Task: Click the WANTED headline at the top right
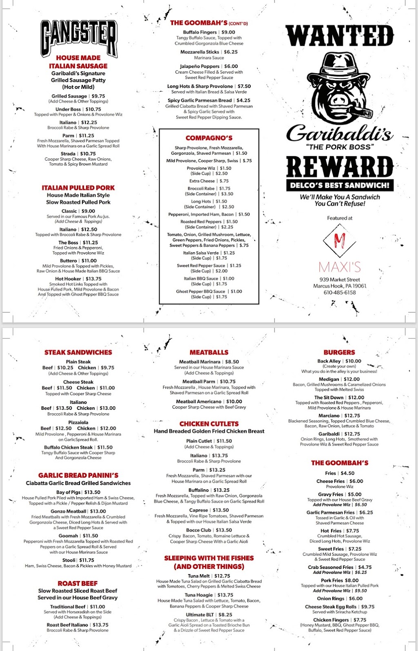coord(340,36)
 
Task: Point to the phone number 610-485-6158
coord(340,292)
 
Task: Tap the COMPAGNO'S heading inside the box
coord(209,138)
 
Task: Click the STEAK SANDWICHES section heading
coord(78,352)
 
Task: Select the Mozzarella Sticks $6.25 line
coord(209,52)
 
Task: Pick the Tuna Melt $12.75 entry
coord(209,576)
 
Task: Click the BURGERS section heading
coord(339,352)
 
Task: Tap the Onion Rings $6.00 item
coord(340,598)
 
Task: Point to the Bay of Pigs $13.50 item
coord(78,492)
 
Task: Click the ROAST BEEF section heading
coord(78,584)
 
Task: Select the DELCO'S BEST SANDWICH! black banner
coord(340,185)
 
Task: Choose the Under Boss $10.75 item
coord(78,109)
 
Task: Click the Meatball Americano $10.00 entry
coord(209,402)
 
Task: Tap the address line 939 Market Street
coord(340,280)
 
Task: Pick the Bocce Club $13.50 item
coord(209,530)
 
